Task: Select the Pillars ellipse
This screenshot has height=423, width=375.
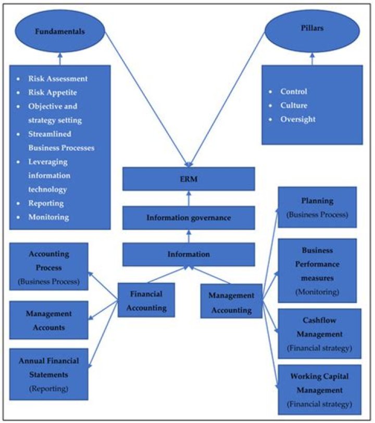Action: (x=312, y=29)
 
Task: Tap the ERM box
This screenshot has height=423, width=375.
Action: (x=189, y=178)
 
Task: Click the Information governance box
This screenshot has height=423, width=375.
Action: (x=189, y=217)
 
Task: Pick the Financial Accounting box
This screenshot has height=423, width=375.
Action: (x=146, y=300)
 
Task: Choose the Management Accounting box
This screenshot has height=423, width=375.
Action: (x=231, y=302)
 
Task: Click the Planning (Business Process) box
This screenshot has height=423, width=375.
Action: (x=317, y=207)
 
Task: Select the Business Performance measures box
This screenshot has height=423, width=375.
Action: (x=317, y=271)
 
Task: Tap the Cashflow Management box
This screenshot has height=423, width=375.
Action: (x=319, y=334)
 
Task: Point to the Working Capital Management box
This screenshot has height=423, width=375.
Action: (x=319, y=389)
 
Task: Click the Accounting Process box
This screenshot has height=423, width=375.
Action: (x=48, y=267)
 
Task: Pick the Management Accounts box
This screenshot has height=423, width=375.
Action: (x=48, y=320)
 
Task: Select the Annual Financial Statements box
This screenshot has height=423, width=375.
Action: (x=48, y=374)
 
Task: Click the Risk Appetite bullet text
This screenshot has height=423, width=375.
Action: (x=53, y=93)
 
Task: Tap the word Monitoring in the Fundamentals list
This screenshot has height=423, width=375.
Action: (x=48, y=217)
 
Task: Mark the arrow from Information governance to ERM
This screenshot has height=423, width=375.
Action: (x=189, y=198)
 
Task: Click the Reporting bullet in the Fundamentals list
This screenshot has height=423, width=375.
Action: (x=46, y=203)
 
